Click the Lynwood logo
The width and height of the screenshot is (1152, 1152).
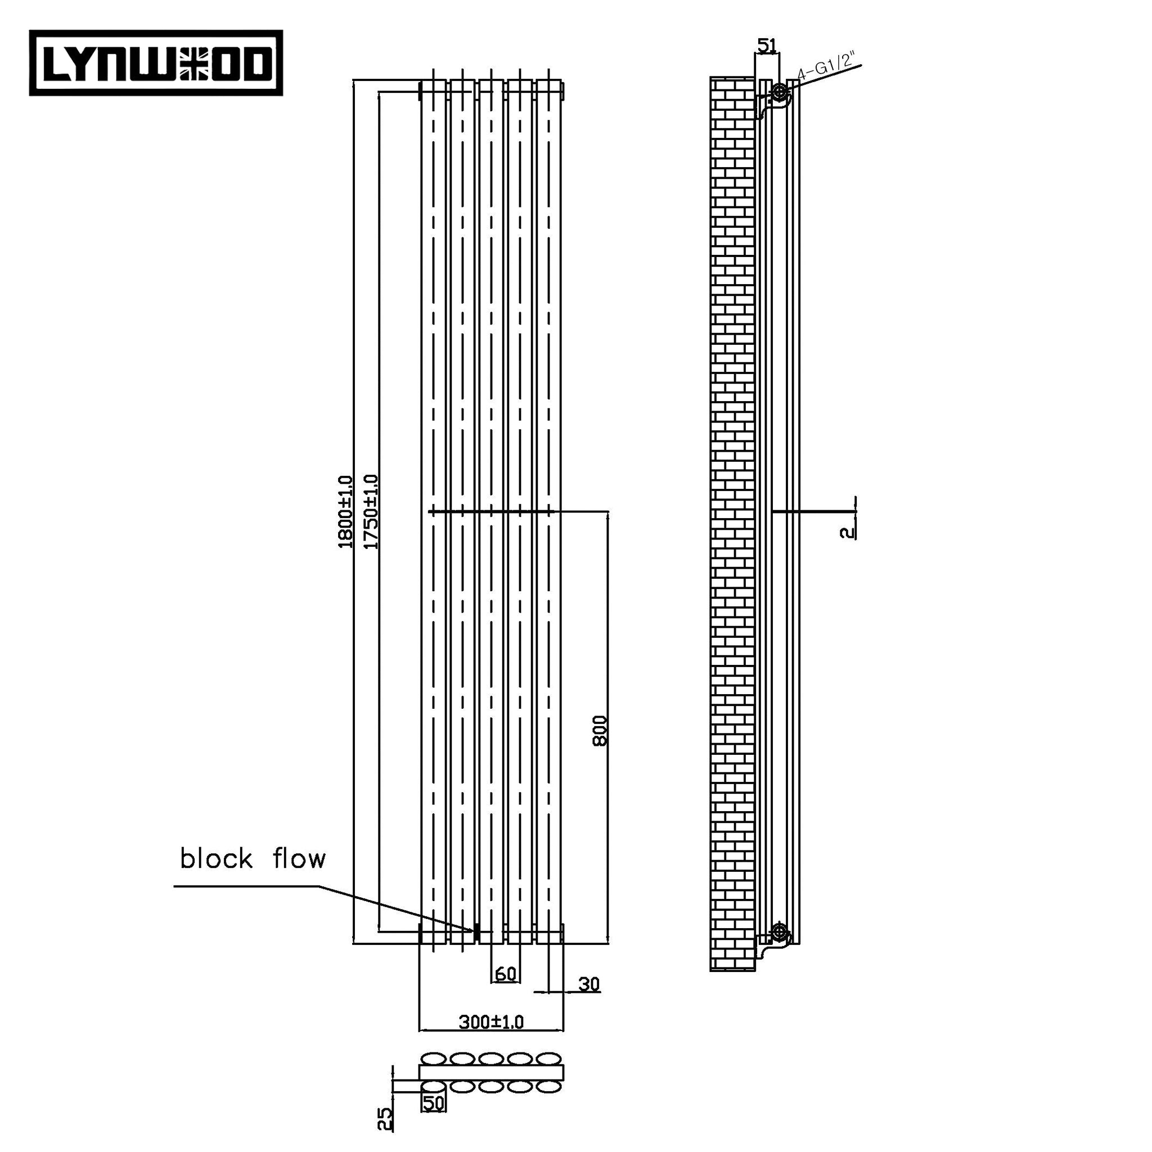(156, 62)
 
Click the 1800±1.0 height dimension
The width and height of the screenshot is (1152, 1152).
(345, 512)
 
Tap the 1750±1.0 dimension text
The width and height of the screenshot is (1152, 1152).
(371, 512)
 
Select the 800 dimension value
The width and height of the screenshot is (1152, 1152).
(600, 731)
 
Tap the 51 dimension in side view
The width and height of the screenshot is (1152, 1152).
(767, 46)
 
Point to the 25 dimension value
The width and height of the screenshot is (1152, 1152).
(386, 1119)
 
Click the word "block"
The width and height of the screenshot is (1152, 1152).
(217, 859)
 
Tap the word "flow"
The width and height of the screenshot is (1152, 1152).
(299, 859)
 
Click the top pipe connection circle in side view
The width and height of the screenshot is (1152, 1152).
(779, 92)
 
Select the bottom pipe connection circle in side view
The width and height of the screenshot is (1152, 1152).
(779, 931)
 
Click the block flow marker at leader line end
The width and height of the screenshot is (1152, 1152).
(476, 931)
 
